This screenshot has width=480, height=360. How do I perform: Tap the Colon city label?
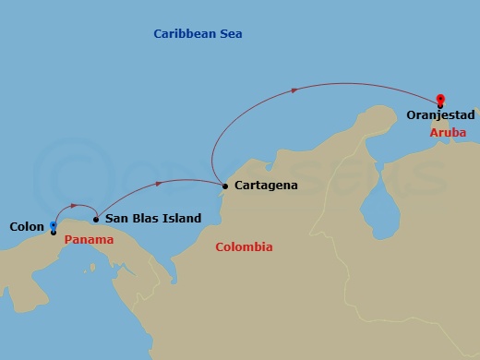tap(26, 226)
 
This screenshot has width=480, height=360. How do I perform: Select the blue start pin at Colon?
tap(54, 225)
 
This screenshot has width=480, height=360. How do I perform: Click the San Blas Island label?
tap(153, 219)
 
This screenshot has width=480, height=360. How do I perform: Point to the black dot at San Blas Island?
tap(96, 219)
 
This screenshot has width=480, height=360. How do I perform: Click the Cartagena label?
tap(266, 186)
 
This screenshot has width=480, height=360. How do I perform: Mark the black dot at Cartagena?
tap(224, 186)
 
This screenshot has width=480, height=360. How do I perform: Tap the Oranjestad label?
tap(440, 115)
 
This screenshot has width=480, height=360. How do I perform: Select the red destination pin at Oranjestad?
tap(440, 99)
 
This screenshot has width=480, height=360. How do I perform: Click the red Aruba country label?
tap(448, 133)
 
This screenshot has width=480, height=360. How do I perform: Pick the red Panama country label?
tap(90, 240)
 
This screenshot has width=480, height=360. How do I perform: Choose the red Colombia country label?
tap(244, 247)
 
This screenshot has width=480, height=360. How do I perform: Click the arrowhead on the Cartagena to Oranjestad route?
tap(294, 90)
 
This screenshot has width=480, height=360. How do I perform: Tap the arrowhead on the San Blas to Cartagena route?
tap(159, 184)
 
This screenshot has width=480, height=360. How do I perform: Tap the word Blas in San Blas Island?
tap(145, 219)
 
